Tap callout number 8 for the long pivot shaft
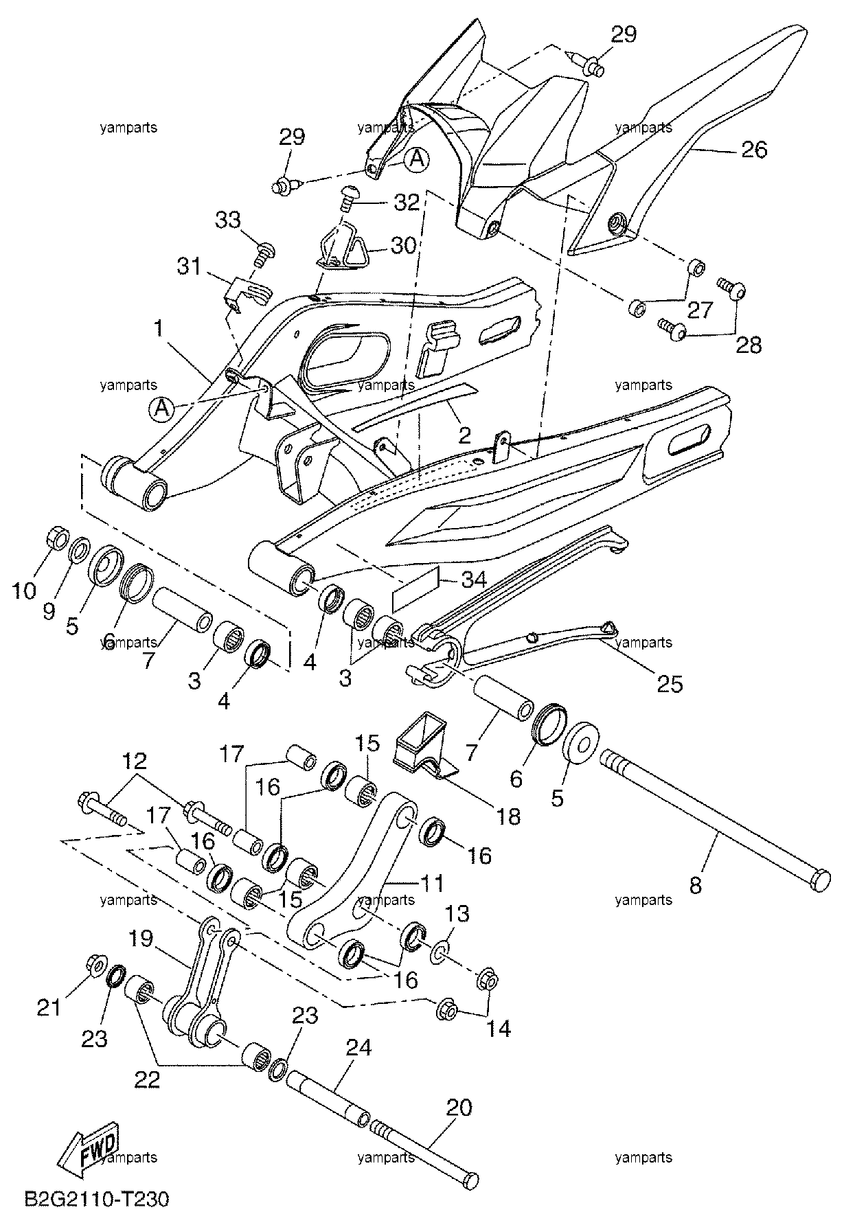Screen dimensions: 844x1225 point(696,885)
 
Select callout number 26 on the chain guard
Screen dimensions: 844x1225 point(754,150)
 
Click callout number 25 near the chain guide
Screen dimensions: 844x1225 point(670,684)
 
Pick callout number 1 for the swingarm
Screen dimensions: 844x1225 point(159,329)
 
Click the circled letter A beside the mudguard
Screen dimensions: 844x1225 point(416,159)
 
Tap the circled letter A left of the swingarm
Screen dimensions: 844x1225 point(161,409)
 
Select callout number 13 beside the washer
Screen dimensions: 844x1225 point(458,914)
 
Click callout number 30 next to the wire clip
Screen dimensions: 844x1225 point(403,245)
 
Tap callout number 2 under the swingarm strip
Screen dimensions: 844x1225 point(465,435)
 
